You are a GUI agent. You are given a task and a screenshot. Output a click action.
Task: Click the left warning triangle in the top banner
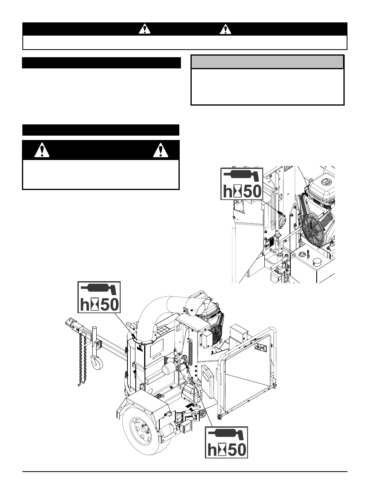pyautogui.click(x=145, y=29)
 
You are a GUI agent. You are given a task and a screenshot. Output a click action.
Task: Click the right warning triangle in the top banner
pyautogui.click(x=225, y=29)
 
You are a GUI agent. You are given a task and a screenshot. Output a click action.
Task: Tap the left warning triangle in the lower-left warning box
pyautogui.click(x=42, y=150)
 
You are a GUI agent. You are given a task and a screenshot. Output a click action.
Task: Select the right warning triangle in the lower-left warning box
pyautogui.click(x=161, y=150)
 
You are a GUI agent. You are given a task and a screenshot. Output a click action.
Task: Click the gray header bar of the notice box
pyautogui.click(x=267, y=62)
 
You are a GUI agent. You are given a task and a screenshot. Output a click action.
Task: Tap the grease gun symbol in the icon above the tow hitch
pyautogui.click(x=99, y=289)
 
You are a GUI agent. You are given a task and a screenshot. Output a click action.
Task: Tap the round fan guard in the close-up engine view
pyautogui.click(x=315, y=231)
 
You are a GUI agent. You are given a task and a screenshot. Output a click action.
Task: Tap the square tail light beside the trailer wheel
pyautogui.click(x=187, y=426)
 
